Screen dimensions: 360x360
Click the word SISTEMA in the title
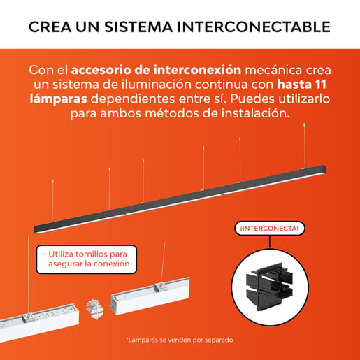tap(138, 27)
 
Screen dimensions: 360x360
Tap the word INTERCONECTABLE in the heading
tap(254, 27)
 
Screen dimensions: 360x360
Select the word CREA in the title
tap(50, 27)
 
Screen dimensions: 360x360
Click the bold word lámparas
tap(58, 99)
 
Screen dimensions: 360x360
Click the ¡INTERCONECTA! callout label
tap(270, 229)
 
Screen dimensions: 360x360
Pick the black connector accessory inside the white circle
tap(269, 287)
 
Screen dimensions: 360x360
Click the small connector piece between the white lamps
tap(94, 309)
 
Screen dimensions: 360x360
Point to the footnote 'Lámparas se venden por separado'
tap(180, 340)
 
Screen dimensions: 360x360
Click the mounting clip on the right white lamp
tap(160, 287)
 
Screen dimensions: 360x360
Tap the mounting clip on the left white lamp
tap(28, 317)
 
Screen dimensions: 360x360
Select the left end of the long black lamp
tap(35, 229)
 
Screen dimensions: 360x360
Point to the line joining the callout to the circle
tap(270, 242)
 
